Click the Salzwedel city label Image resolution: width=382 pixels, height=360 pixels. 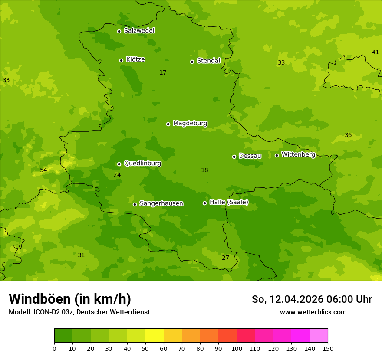point(139,31)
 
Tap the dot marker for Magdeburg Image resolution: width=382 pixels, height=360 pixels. point(168,124)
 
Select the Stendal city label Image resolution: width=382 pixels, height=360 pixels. point(208,61)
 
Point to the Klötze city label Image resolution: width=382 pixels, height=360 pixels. point(135,59)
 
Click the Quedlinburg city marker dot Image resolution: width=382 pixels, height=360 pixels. point(119,164)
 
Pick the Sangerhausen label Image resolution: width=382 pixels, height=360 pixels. point(161,203)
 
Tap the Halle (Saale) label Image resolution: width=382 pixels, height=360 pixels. point(229,202)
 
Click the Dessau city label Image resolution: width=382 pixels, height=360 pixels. point(250,156)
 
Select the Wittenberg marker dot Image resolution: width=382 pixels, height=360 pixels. point(277,155)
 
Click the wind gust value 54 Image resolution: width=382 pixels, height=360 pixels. point(43,170)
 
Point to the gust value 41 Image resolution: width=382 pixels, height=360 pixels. point(375,52)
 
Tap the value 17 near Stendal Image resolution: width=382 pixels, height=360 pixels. point(163,72)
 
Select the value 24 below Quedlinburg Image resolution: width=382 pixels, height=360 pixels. point(117,175)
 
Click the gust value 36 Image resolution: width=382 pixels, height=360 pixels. point(348,135)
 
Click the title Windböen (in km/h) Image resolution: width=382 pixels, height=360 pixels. point(70,299)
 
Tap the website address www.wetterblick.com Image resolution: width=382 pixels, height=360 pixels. point(313,312)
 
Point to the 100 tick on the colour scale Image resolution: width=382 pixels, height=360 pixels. point(237,348)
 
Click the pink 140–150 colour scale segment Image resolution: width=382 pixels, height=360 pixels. point(319,336)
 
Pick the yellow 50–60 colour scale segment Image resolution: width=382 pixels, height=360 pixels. point(155,336)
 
